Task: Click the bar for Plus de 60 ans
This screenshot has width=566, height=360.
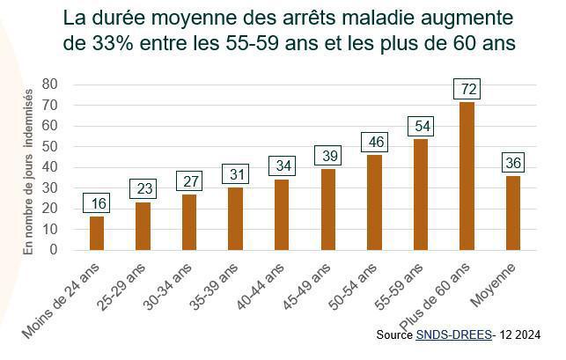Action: click(x=466, y=176)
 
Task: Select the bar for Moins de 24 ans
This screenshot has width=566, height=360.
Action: click(x=97, y=233)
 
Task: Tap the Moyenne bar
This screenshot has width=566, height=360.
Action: click(x=512, y=213)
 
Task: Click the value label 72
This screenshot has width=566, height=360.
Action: click(x=466, y=89)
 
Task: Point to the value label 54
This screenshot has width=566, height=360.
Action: click(x=420, y=126)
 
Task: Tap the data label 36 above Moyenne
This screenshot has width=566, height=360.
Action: click(x=512, y=163)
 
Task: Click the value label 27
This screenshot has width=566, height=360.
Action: click(x=189, y=181)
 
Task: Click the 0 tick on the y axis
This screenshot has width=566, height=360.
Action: click(x=54, y=250)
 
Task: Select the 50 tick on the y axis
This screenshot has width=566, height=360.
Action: click(x=50, y=146)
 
